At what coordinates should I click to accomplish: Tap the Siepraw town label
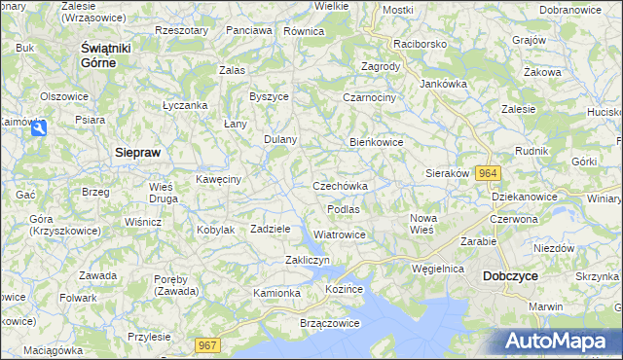[x=137, y=153]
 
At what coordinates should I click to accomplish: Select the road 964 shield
[x=489, y=173]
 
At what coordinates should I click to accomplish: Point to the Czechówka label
[x=340, y=186]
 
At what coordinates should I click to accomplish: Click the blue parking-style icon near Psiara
[x=38, y=127]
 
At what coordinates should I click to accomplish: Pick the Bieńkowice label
[x=377, y=142]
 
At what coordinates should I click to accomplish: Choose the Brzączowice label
[x=304, y=322]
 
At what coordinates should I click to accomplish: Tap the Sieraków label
[x=448, y=173]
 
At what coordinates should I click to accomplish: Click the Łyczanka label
[x=185, y=105]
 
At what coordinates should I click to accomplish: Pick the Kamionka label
[x=277, y=293]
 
